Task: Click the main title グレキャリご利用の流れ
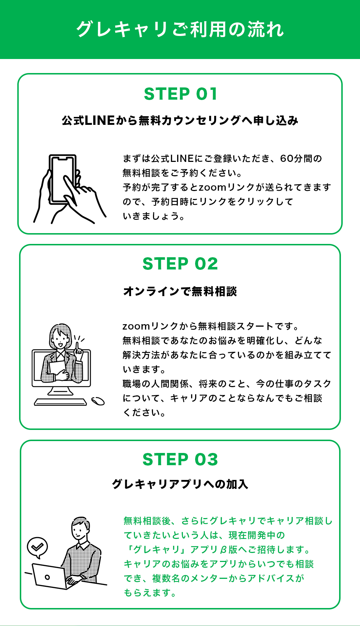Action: tap(180, 29)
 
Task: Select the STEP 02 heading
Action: tap(180, 264)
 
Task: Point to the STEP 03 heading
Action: tap(180, 459)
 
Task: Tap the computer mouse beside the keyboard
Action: tap(98, 401)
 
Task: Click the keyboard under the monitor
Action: tap(60, 402)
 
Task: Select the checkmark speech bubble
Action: tap(37, 547)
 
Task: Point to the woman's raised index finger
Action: tap(77, 346)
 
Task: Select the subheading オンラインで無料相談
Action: tap(180, 291)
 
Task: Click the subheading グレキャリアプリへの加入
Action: tap(180, 484)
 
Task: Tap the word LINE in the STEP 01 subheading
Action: tap(100, 121)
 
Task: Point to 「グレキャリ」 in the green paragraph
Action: tap(156, 549)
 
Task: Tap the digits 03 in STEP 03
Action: tap(206, 459)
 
